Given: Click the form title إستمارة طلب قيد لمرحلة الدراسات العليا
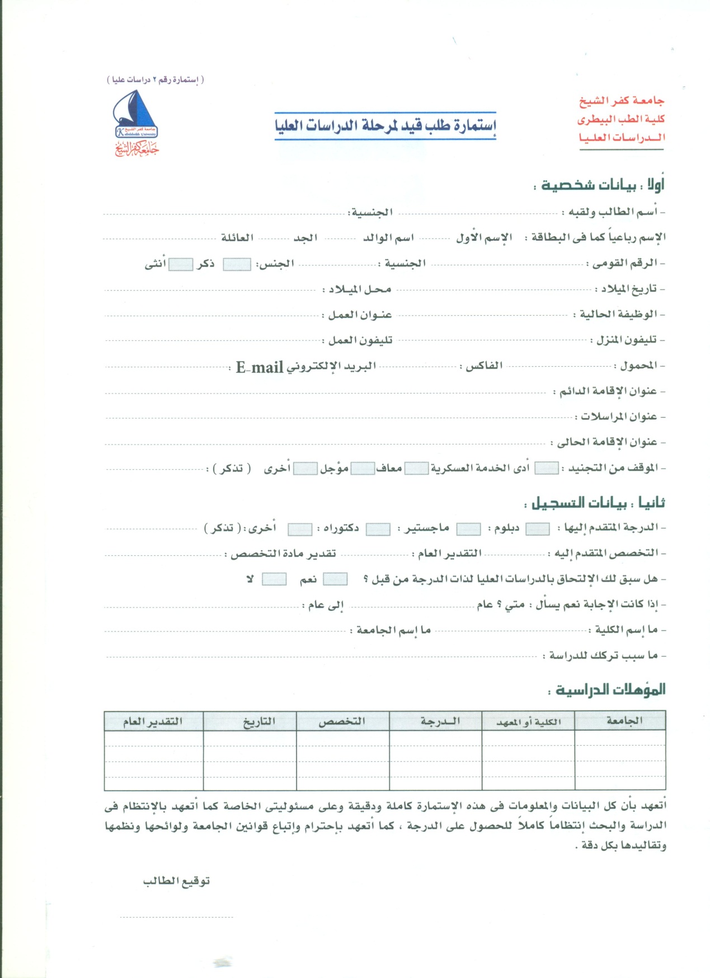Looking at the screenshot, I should [x=385, y=125].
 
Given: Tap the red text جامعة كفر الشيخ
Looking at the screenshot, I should [x=622, y=101].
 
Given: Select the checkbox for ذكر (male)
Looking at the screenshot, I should [x=237, y=265].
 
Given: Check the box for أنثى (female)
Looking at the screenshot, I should [x=181, y=265].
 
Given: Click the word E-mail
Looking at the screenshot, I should [x=259, y=367].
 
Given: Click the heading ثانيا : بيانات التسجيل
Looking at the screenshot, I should [x=596, y=503].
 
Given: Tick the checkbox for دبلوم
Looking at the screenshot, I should [x=538, y=529].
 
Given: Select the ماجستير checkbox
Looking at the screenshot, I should [x=469, y=529].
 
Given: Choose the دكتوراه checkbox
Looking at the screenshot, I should [x=378, y=529].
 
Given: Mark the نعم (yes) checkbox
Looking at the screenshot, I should [x=335, y=579].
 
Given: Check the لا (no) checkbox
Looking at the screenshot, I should [x=274, y=579].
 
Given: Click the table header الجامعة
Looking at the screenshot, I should [x=624, y=720].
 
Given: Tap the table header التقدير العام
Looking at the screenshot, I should [x=153, y=721].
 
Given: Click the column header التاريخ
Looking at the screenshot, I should [x=259, y=721].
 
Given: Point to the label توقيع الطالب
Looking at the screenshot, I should [x=176, y=881].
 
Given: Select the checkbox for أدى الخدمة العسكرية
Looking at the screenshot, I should [x=546, y=469].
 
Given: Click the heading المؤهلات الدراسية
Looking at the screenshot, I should [x=610, y=689].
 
